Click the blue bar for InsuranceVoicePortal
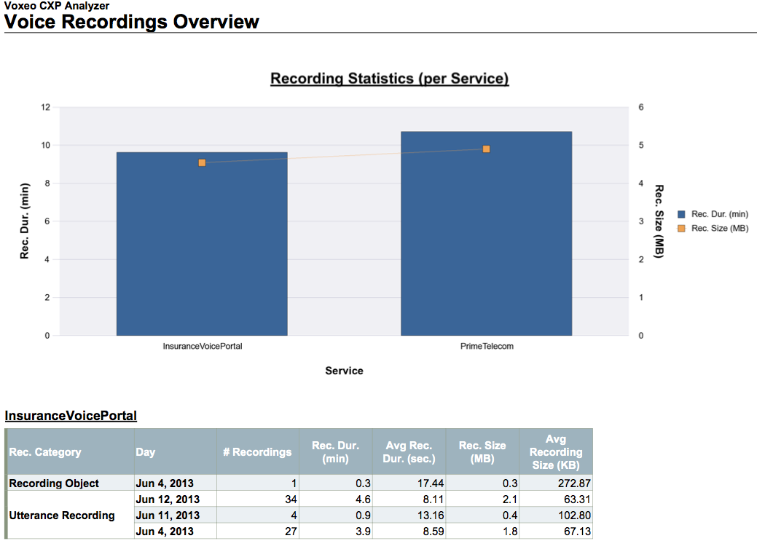[202, 248]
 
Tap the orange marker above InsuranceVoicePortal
[202, 162]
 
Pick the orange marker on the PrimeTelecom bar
[486, 149]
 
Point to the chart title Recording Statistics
[389, 79]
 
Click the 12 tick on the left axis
[46, 107]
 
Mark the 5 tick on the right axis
[640, 146]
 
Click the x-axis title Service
[344, 371]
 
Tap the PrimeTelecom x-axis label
[487, 347]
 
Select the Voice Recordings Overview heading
[132, 22]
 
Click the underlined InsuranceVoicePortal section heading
[71, 416]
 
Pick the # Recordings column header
[257, 452]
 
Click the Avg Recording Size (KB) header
[555, 452]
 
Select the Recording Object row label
[54, 483]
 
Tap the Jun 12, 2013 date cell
[168, 499]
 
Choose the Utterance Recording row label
[62, 516]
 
